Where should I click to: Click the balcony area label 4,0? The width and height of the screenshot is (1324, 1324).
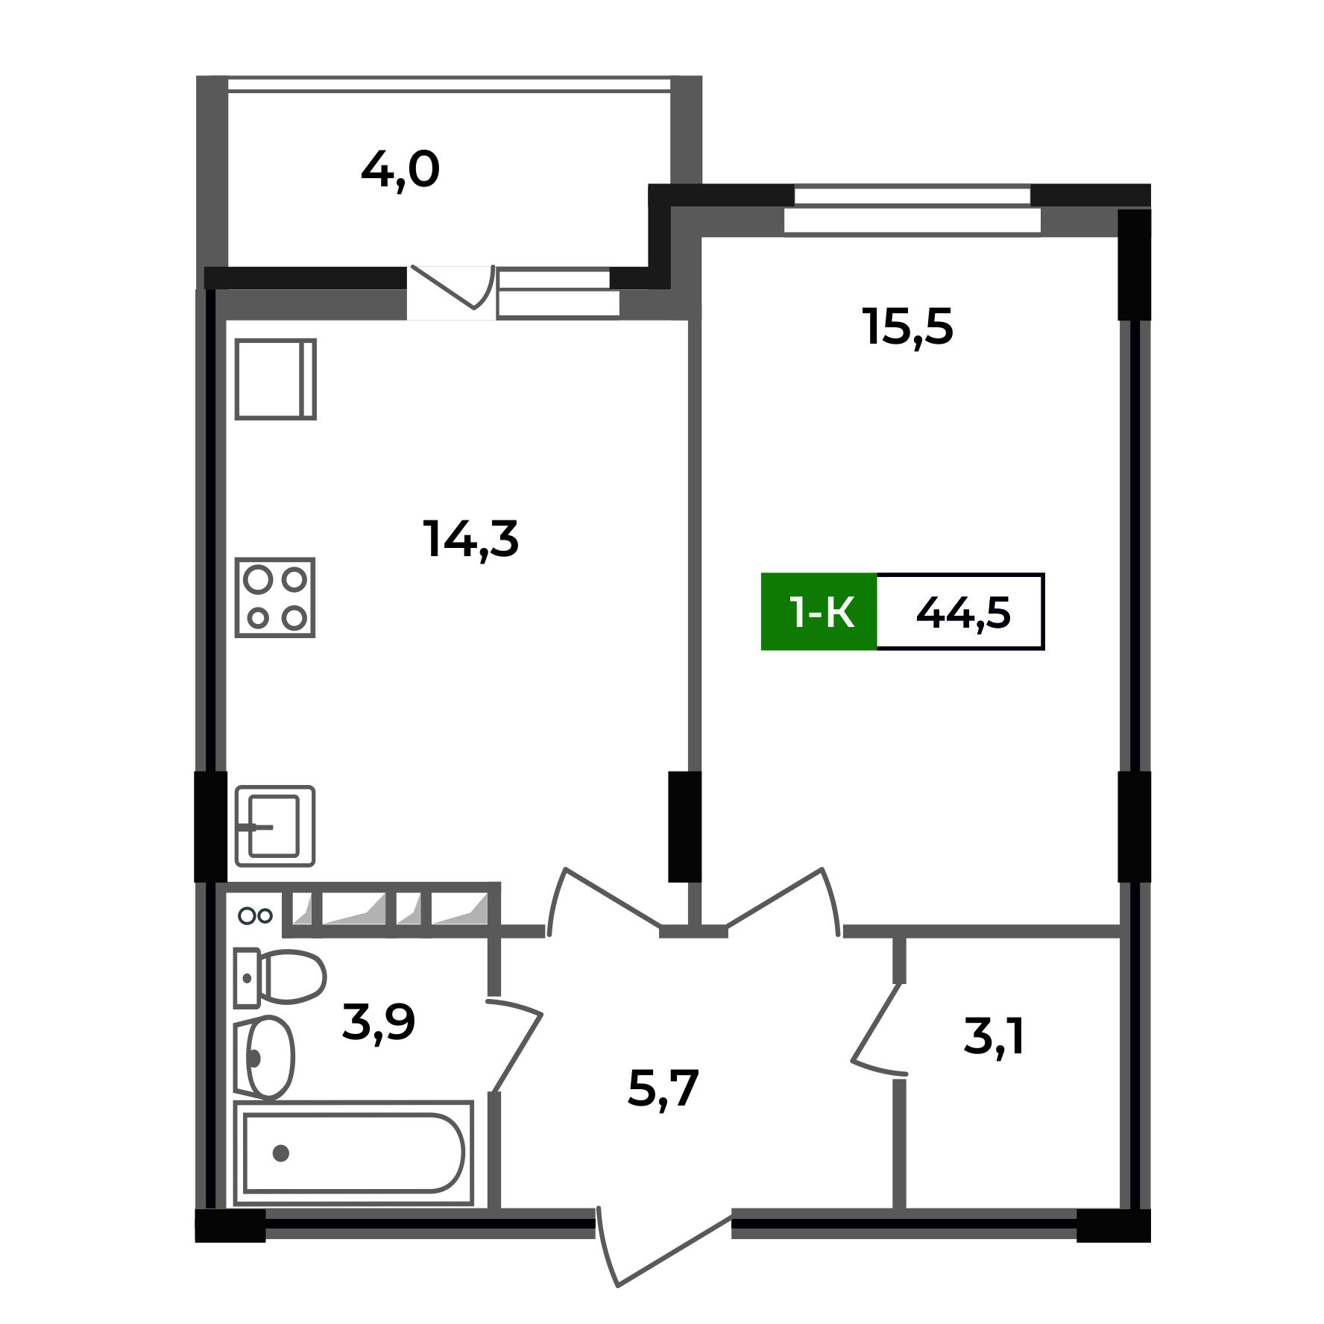click(x=400, y=171)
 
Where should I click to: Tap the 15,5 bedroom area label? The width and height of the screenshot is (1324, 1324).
click(x=907, y=327)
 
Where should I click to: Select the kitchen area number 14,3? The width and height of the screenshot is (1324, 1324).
click(x=470, y=539)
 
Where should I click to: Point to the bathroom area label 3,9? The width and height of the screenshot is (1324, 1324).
click(x=378, y=1022)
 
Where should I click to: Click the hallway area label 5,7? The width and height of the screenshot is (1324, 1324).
click(x=663, y=1089)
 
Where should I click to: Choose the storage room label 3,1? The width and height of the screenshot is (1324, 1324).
click(x=994, y=1036)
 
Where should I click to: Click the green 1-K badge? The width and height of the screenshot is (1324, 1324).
click(x=819, y=612)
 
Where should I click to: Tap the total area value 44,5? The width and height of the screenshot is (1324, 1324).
click(x=962, y=613)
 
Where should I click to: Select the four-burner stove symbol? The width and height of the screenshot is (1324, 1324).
click(x=275, y=598)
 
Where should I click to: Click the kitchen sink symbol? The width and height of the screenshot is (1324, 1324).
click(x=275, y=826)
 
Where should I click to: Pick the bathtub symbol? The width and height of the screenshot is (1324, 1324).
click(x=353, y=1153)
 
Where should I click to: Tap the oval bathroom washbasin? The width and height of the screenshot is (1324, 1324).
click(x=266, y=1057)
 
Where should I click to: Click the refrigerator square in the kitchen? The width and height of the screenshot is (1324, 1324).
click(x=275, y=379)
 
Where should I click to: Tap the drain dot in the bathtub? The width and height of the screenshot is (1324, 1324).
click(x=281, y=1153)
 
